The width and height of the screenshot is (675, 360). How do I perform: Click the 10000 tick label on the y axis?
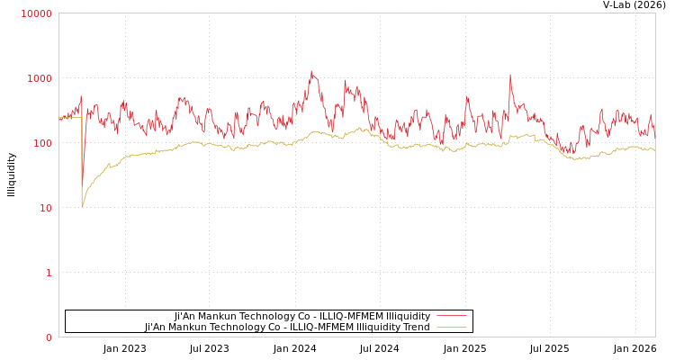[x=37, y=13]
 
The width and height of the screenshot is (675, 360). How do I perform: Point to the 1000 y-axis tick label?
[x=39, y=78]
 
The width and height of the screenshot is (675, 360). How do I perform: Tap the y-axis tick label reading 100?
[x=41, y=143]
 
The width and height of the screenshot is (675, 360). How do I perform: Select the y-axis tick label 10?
[x=45, y=208]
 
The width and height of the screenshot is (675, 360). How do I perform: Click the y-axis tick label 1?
[x=49, y=273]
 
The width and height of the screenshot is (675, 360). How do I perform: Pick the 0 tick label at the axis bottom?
[x=49, y=337]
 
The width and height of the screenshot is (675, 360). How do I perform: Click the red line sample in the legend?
[x=452, y=316]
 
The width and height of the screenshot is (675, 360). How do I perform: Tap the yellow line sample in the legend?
[x=452, y=328]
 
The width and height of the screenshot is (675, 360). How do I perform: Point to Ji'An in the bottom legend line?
[x=157, y=328]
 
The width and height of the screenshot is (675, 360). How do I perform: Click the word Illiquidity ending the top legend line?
[x=408, y=316]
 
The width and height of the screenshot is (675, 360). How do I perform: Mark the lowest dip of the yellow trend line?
[x=82, y=207]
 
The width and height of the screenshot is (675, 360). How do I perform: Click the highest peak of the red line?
[x=312, y=71]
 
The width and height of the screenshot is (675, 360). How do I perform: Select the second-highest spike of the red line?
[x=509, y=75]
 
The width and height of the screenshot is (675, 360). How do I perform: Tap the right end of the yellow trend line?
[x=655, y=150]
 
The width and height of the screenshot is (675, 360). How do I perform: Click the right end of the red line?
[x=655, y=134]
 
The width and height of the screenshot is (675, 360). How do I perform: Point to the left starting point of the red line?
[x=59, y=118]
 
